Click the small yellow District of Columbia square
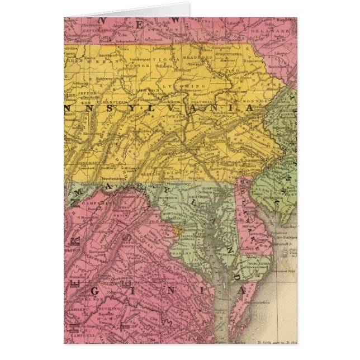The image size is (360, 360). coord(178,229)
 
